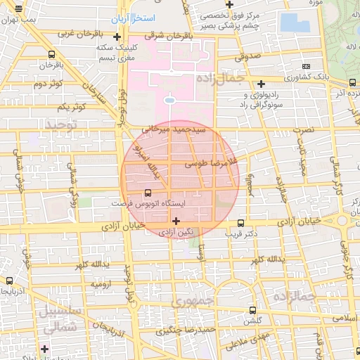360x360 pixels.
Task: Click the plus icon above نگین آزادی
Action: (176, 221)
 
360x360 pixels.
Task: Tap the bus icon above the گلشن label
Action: (253, 310)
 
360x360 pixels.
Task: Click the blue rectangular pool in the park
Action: (295, 22)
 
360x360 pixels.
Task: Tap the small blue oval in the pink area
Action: (169, 101)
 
